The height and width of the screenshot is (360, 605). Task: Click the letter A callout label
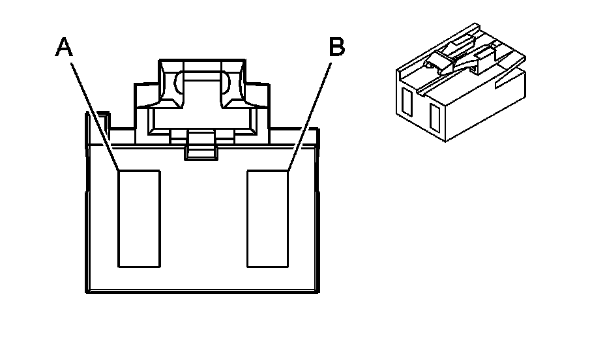click(x=63, y=46)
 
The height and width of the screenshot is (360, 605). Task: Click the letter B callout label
click(x=336, y=47)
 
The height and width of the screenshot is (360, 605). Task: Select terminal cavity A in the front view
click(x=139, y=218)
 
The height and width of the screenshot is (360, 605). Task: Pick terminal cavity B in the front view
click(x=267, y=218)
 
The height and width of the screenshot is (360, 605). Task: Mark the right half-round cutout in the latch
click(x=226, y=84)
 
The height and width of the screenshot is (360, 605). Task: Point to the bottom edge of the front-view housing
click(x=202, y=292)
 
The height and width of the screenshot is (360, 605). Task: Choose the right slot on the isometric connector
click(x=434, y=115)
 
